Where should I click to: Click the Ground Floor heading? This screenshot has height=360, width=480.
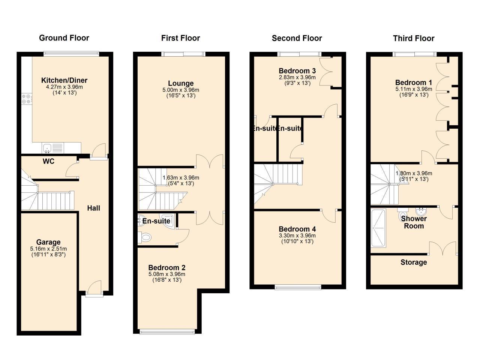click(x=64, y=38)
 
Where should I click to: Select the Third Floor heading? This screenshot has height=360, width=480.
click(x=414, y=38)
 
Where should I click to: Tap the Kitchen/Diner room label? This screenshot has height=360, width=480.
click(x=64, y=80)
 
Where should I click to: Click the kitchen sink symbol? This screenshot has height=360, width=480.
click(x=48, y=148)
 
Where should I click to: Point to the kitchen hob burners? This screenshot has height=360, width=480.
click(x=26, y=98)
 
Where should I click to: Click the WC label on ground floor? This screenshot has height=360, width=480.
click(x=48, y=161)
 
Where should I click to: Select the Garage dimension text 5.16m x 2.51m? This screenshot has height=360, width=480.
click(x=48, y=249)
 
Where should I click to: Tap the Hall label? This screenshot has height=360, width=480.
click(x=94, y=208)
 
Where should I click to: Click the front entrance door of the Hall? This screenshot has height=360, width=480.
click(x=94, y=289)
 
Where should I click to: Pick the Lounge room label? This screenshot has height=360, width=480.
click(x=181, y=83)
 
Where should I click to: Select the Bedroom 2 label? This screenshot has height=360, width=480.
click(x=167, y=268)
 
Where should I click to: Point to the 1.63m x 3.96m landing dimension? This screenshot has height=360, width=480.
click(x=181, y=178)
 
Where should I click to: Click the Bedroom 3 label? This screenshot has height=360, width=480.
click(x=297, y=71)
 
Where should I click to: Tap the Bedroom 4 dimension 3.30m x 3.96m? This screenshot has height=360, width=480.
click(x=297, y=235)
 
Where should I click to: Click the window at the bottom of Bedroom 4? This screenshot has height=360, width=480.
click(x=298, y=287)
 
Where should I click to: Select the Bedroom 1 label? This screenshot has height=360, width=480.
click(x=411, y=82)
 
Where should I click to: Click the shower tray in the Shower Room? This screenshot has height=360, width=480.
click(x=378, y=228)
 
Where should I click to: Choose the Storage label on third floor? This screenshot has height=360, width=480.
click(x=414, y=262)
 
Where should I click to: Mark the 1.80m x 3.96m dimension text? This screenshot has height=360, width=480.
click(x=414, y=173)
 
